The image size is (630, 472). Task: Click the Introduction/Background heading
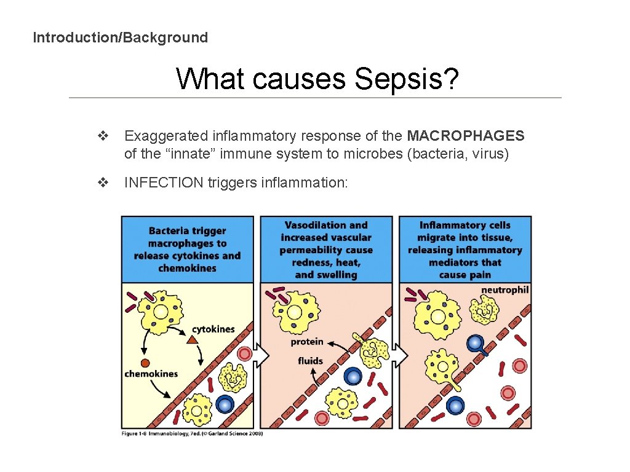pos(120,37)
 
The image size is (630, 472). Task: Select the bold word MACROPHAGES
pos(466,136)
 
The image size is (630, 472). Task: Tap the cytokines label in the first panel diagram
pos(213,329)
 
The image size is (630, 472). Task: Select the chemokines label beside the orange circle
pos(151,374)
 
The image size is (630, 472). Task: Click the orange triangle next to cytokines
pos(192,340)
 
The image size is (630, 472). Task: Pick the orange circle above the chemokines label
pos(146,363)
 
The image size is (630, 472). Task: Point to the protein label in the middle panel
pos(307,342)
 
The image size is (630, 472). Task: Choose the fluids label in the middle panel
pos(310,361)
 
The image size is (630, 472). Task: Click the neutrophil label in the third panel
pos(504,289)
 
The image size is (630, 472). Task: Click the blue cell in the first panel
pos(225,404)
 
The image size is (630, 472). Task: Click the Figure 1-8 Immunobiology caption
pos(192,434)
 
